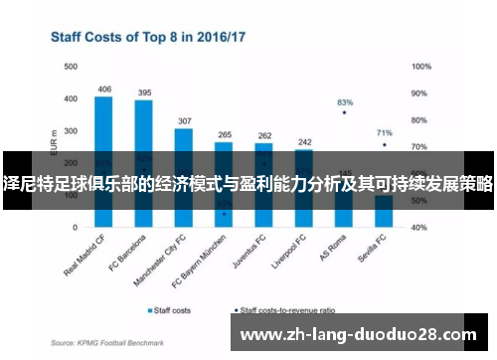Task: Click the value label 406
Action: [104, 90]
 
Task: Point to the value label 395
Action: [144, 92]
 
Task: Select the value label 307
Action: [184, 120]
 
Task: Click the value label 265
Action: [225, 134]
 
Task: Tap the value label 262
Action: [264, 135]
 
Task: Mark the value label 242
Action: [304, 141]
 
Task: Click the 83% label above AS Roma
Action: [345, 101]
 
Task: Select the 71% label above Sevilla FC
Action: [385, 132]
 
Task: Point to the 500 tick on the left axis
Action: [71, 67]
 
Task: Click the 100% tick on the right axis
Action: [420, 67]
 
